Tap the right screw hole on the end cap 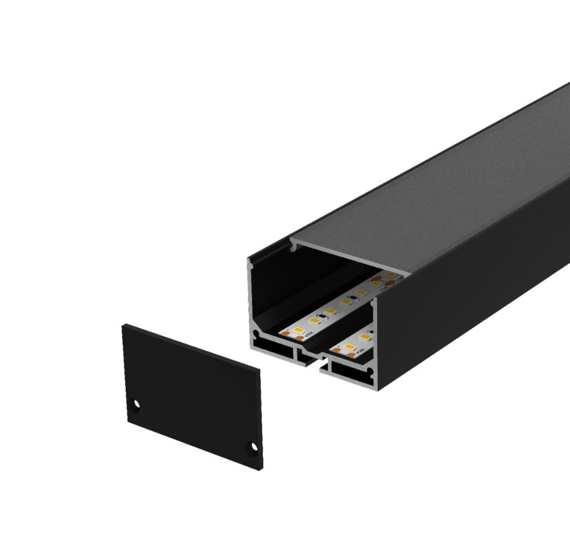254,446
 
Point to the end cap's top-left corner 124,325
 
